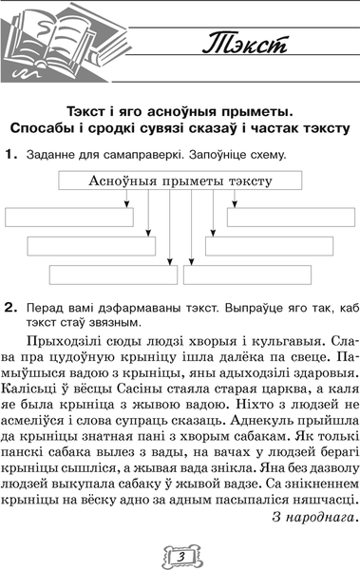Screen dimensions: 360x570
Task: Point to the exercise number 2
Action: (x=9, y=309)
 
